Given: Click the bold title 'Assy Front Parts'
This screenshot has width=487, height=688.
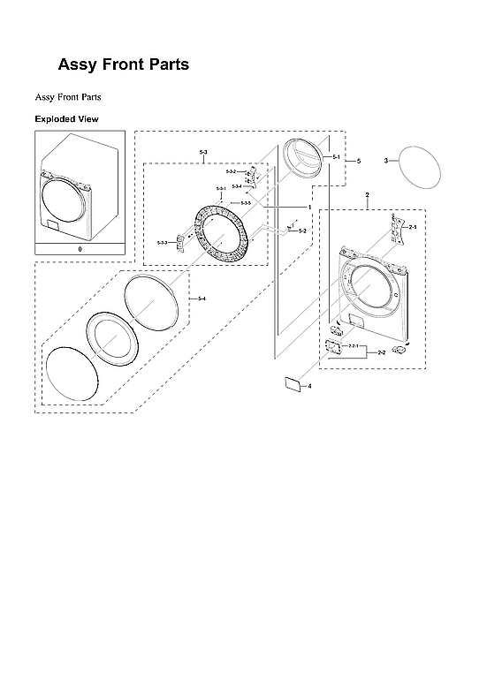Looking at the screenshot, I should (x=123, y=64).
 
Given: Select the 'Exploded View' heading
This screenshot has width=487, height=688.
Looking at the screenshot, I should (x=66, y=118).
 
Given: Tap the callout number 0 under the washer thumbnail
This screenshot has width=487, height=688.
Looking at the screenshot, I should (x=80, y=250).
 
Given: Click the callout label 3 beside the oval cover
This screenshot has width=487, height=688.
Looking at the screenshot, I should (x=385, y=161).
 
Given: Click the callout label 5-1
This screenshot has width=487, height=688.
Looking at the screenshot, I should (x=337, y=156).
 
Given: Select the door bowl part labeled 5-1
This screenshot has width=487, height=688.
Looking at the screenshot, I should (x=303, y=158).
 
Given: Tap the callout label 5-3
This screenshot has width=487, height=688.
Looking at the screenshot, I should (x=203, y=155).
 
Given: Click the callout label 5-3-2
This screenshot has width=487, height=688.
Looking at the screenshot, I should (x=231, y=171).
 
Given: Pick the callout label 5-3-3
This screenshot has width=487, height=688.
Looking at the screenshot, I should (x=162, y=242).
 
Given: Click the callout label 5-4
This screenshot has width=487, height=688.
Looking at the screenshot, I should (x=202, y=299).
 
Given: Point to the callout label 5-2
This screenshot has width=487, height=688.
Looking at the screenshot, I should (x=302, y=231).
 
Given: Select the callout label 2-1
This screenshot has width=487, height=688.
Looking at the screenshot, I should (x=412, y=227).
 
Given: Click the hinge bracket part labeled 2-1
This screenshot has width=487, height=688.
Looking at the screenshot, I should (x=392, y=228).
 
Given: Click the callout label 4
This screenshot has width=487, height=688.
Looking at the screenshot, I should (x=309, y=386).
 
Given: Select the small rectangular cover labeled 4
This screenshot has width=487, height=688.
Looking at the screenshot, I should (x=290, y=382).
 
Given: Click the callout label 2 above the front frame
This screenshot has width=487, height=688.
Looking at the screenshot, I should (x=367, y=194).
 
